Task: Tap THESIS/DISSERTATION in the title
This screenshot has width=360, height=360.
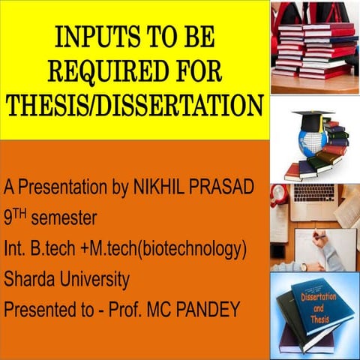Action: point(135,106)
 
